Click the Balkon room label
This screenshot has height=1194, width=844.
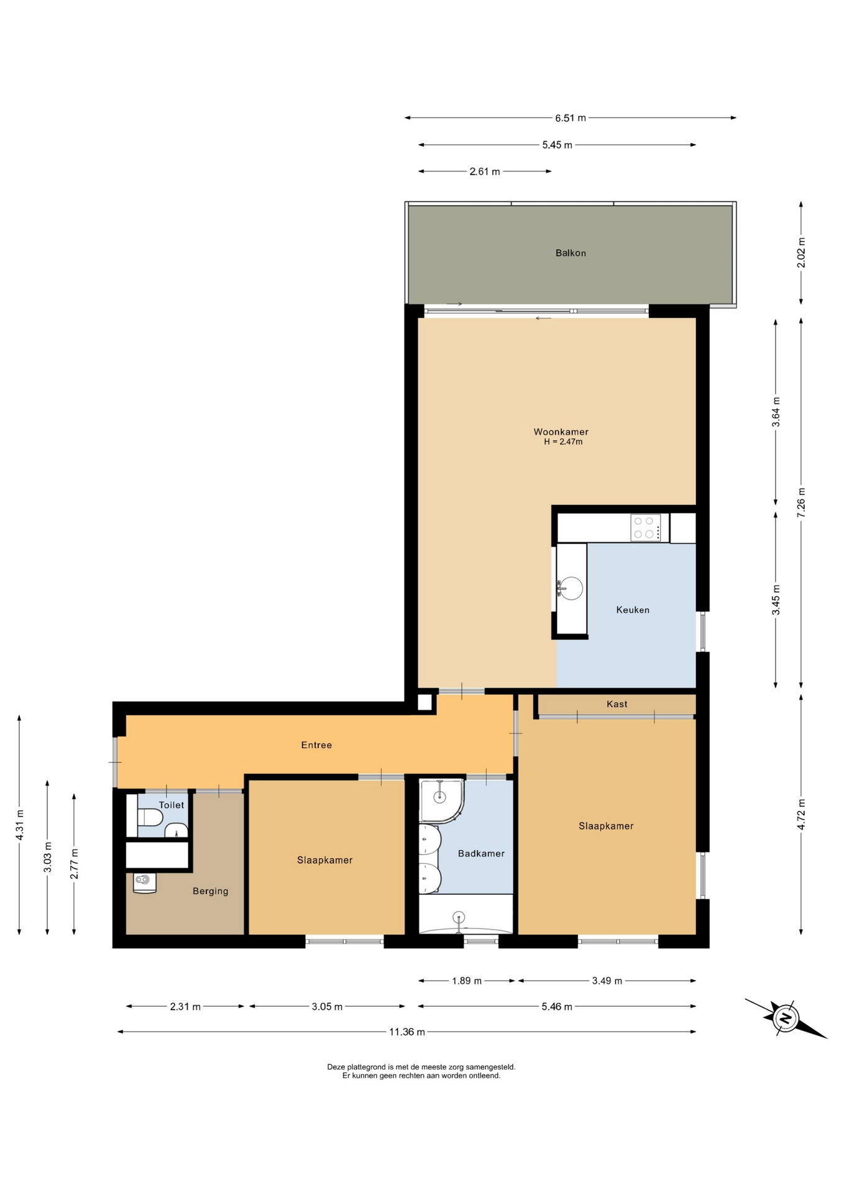point(571,253)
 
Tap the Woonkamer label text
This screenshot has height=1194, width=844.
point(561,432)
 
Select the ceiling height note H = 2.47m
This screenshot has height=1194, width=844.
point(563,442)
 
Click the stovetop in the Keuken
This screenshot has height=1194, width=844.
point(646,527)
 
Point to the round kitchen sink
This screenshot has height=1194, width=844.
point(571,588)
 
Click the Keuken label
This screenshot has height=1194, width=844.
point(633,610)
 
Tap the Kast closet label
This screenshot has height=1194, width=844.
point(617,704)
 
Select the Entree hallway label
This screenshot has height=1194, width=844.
point(316,745)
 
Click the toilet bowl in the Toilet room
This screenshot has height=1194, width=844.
point(150,817)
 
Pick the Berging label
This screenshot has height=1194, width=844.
point(210,891)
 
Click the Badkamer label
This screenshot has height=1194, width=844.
point(481,854)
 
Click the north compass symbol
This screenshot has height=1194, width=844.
point(786,1019)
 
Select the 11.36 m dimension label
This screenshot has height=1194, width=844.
point(407,1032)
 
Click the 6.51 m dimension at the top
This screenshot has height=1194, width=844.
point(571,118)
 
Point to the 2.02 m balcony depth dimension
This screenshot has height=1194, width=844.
point(801,253)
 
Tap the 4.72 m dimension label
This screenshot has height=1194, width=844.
point(801,814)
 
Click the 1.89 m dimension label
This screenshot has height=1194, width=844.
point(467,981)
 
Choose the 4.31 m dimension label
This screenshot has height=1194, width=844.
point(20,825)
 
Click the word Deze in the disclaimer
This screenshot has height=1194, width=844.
point(336,1067)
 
